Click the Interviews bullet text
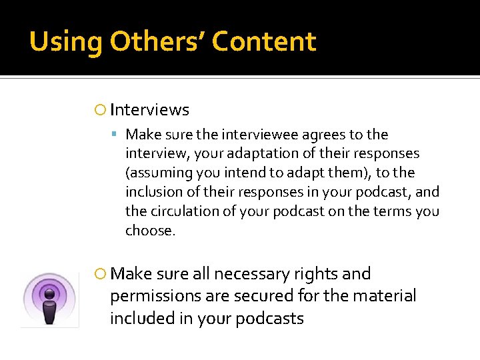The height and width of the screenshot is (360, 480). (149, 110)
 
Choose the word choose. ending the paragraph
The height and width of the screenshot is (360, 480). (151, 231)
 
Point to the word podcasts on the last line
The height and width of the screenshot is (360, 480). (267, 318)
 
